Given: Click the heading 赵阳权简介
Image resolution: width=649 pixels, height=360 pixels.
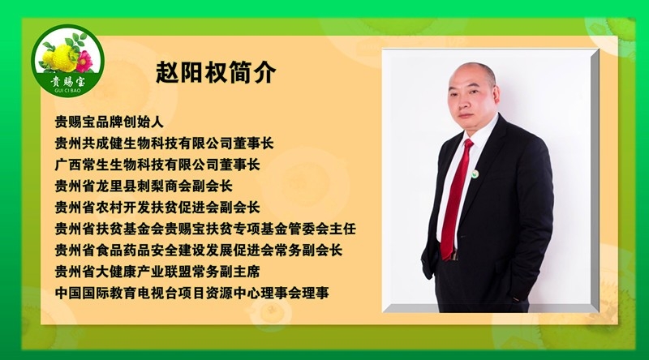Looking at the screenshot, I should click(x=216, y=72).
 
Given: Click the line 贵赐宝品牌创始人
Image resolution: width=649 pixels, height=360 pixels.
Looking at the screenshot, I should click(x=109, y=123).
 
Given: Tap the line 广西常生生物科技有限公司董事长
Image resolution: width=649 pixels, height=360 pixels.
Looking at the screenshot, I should click(x=157, y=165).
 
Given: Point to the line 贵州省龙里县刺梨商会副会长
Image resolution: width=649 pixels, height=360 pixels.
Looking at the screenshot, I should click(x=143, y=186).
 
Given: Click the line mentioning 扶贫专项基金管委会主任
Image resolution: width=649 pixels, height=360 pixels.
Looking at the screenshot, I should click(x=204, y=229).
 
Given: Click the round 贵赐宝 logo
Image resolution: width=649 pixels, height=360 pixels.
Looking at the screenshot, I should click(x=62, y=58).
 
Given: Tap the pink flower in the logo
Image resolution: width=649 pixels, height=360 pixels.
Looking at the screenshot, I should click(x=80, y=59).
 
